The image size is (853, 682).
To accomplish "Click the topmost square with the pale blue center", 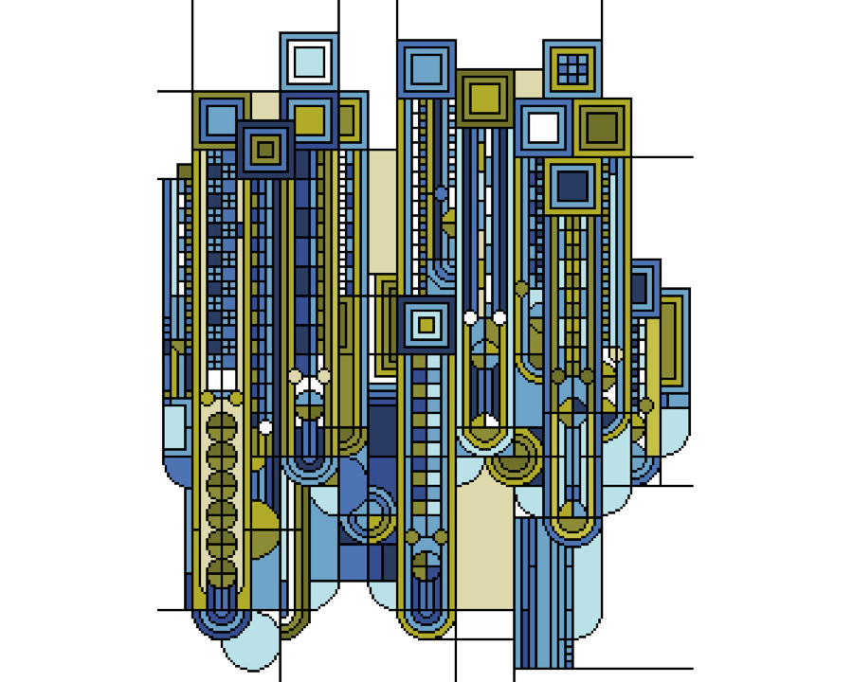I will (x=309, y=62).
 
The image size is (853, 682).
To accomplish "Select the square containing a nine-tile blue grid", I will (x=572, y=68).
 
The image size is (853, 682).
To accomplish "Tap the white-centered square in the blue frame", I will (x=543, y=127).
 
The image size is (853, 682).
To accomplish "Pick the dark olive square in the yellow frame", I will (x=602, y=127).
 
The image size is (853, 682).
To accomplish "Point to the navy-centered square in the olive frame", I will (x=572, y=186).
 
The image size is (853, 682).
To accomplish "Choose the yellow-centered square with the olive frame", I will (x=484, y=98).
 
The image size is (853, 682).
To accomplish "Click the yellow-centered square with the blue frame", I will (x=309, y=120).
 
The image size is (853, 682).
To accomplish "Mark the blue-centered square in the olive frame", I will (x=221, y=120).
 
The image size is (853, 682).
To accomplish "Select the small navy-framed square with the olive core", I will (x=265, y=150).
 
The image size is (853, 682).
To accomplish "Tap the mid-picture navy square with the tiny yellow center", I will (x=426, y=325).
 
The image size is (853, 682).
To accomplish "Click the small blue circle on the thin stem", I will (x=441, y=193).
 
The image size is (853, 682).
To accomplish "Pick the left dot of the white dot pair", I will (x=470, y=317).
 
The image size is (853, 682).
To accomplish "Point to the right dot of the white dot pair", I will (x=499, y=317).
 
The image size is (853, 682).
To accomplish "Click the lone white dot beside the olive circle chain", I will (x=265, y=427).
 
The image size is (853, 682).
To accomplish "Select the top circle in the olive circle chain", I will (x=221, y=427).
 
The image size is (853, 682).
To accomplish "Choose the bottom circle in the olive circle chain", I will (x=221, y=573).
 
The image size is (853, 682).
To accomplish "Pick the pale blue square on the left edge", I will (x=174, y=426).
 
